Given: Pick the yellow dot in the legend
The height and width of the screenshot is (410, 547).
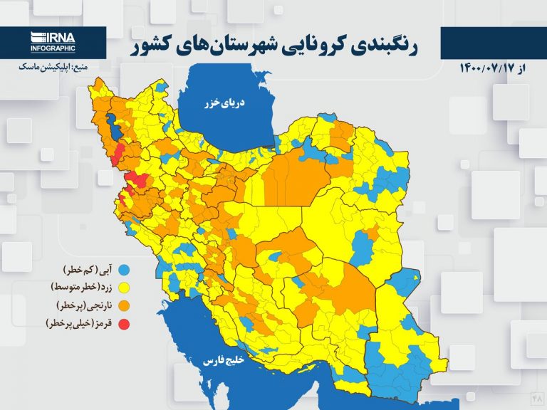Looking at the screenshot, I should click(x=124, y=288).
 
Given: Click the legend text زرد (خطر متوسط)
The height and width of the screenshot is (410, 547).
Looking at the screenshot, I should click(x=81, y=288).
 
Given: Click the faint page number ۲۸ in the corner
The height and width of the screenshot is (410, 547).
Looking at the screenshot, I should click(x=536, y=400).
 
